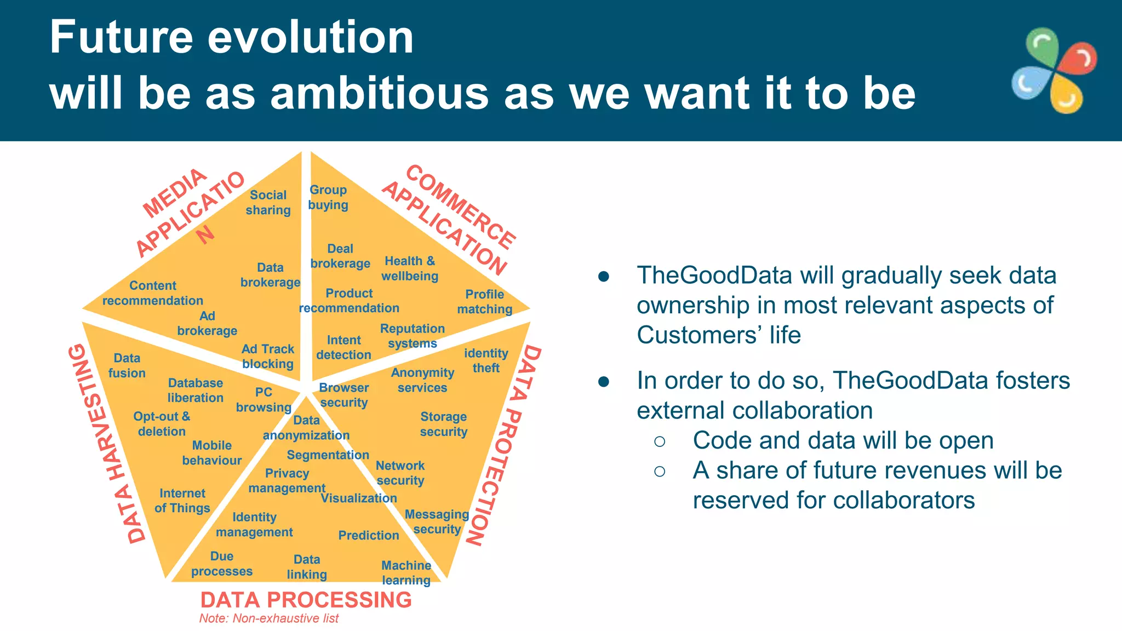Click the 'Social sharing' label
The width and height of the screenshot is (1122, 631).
(268, 203)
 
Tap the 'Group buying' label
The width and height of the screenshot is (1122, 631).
(328, 197)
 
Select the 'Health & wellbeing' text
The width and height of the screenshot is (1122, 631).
(410, 268)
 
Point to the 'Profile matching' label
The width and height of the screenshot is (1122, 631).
(484, 302)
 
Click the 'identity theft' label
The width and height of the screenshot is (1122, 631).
(486, 360)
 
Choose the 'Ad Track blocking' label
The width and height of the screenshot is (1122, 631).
(268, 357)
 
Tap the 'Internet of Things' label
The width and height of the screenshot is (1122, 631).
(182, 501)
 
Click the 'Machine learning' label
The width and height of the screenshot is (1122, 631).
(406, 572)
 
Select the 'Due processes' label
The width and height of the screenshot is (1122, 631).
(222, 564)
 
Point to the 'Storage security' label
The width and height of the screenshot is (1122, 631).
(443, 424)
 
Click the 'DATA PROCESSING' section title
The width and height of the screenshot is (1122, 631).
(306, 600)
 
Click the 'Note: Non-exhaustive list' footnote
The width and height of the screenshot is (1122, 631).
(268, 618)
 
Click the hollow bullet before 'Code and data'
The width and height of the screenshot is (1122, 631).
(660, 441)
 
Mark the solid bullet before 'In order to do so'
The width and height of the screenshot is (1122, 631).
(604, 381)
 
